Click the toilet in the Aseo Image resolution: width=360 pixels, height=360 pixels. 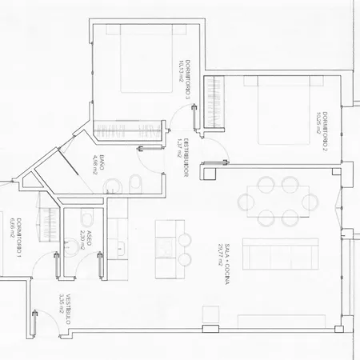click(x=84, y=217)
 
